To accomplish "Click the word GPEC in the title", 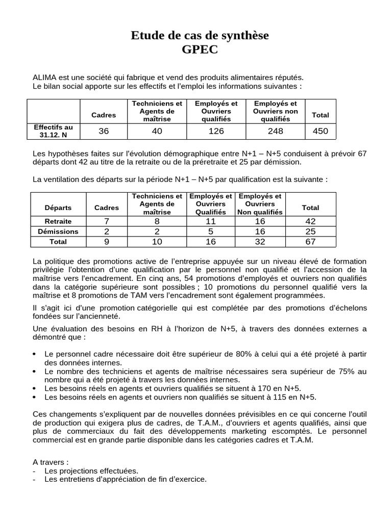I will coord(200,50).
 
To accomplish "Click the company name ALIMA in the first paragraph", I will coord(45,77).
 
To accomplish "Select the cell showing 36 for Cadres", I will coord(104,131).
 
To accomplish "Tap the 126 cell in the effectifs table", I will coord(216,131).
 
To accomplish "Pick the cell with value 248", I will coord(276,131).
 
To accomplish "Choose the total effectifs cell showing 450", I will coord(321,131).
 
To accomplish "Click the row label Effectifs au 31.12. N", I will coord(54,131).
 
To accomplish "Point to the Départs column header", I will coord(58,207).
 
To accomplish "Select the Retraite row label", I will coord(58,221).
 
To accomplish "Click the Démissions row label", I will coord(58,231).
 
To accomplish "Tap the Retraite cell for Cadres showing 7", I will coord(106,221).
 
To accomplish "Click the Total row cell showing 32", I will coord(260,242).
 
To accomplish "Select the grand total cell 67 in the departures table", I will coord(310,242).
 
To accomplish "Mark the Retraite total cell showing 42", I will coord(310,221).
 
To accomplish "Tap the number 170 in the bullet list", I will coord(264,388).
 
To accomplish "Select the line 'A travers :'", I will coord(50,462).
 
